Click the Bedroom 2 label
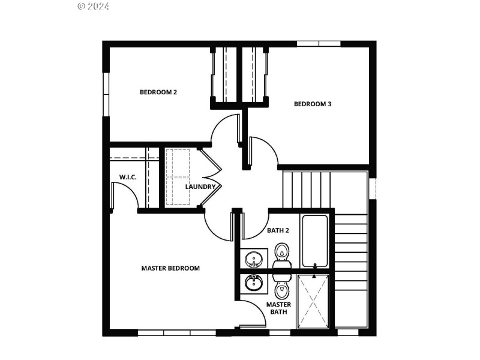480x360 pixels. click(158, 92)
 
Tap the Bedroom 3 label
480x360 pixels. click(313, 104)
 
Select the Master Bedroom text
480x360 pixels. click(170, 268)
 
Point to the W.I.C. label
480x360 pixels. click(128, 177)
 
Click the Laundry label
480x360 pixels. click(200, 187)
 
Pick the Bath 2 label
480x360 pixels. click(278, 230)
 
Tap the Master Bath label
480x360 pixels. click(279, 308)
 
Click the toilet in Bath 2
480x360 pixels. click(282, 254)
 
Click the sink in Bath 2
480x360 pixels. click(254, 259)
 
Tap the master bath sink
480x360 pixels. click(254, 282)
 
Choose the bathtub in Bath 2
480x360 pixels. click(315, 241)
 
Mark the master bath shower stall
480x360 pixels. click(313, 301)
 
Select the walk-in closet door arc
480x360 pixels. click(125, 193)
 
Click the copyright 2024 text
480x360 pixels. click(94, 7)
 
